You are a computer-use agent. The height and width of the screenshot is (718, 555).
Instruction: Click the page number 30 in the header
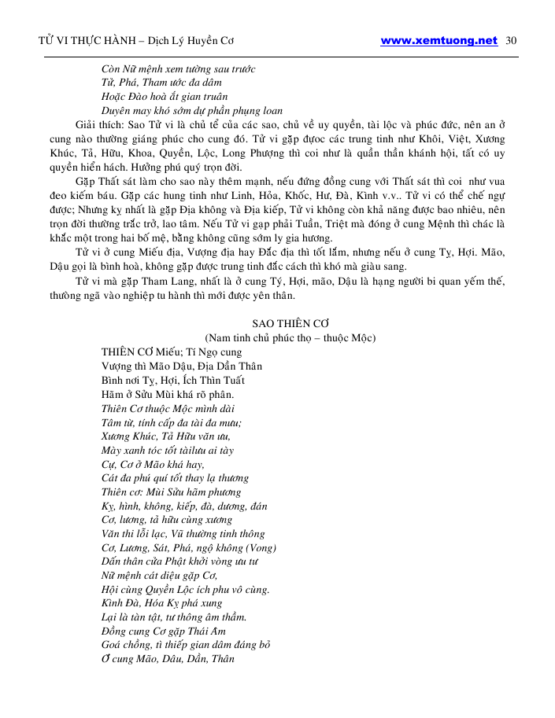coord(509,40)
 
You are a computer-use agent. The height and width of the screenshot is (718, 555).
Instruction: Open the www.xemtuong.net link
coord(438,40)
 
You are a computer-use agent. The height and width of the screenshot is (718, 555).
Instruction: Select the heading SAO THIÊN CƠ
coord(290,324)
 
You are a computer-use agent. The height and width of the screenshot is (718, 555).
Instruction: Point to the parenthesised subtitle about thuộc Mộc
coord(290,338)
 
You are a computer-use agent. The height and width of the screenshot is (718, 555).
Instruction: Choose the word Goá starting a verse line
coord(113,645)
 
